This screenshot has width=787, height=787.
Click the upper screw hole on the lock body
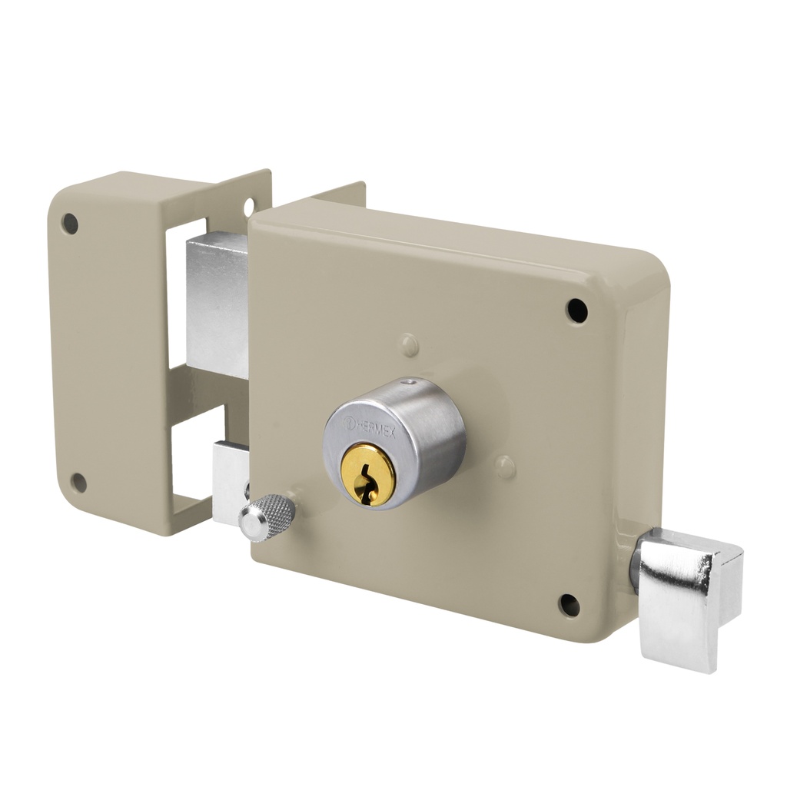click(576, 310)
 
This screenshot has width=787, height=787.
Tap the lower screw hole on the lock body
click(569, 605)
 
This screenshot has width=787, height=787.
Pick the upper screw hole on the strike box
click(70, 224)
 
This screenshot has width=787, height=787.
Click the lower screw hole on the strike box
click(78, 483)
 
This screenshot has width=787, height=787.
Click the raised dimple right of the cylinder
click(504, 466)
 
